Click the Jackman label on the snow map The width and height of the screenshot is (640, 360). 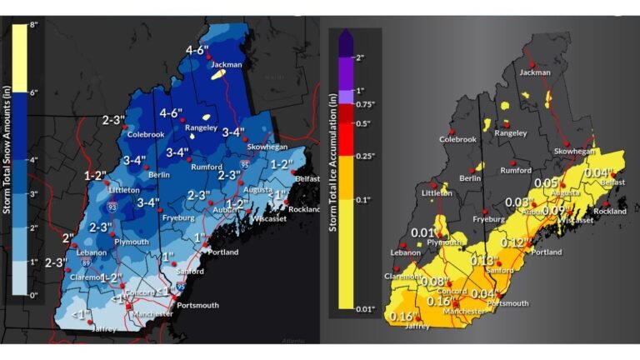pos(225,63)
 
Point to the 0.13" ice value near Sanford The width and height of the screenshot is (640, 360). pos(483,261)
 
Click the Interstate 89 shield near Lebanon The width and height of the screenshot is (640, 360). pos(87,262)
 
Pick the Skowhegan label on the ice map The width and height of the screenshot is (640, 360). pos(574,152)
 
